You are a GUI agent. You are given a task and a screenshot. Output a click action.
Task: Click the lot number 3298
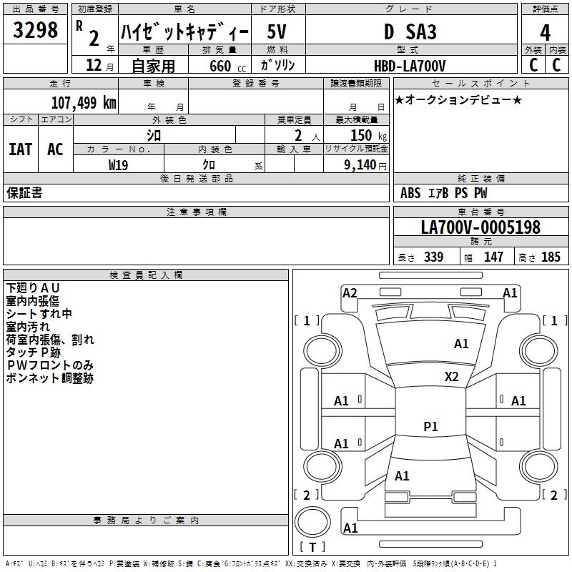[35, 30]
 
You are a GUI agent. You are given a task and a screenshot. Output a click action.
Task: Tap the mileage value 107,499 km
[84, 102]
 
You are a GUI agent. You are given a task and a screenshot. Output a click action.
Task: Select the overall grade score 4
[545, 33]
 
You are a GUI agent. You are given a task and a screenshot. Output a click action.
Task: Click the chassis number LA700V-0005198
[480, 227]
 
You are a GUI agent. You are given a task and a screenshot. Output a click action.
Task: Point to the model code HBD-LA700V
[410, 66]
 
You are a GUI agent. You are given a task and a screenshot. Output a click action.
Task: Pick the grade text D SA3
[410, 31]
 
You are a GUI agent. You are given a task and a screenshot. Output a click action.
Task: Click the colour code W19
[118, 165]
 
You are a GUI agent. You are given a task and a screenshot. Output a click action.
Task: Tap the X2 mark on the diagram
[451, 377]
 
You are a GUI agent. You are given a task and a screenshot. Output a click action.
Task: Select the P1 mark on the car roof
[430, 426]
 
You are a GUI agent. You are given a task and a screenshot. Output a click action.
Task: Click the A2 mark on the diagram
[350, 293]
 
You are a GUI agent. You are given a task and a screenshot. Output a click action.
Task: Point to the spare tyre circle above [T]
[312, 522]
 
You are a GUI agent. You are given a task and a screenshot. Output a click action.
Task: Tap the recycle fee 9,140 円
[365, 165]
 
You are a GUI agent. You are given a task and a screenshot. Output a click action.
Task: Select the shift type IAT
[20, 149]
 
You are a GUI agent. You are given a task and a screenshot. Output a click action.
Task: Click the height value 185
[551, 257]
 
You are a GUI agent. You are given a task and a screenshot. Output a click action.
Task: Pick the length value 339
[433, 257]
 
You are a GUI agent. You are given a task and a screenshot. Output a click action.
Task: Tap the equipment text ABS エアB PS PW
[443, 193]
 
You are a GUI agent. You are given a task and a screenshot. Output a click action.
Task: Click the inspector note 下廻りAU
[32, 288]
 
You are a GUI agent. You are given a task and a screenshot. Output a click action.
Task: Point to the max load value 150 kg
[368, 135]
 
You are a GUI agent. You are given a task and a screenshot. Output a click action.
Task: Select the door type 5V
[277, 31]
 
